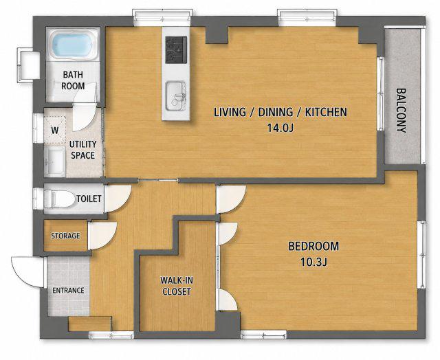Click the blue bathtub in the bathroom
coord(71,45)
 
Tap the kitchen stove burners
coord(176,49)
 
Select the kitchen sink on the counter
coord(176,96)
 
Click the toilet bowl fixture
coord(59,199)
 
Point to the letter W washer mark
coord(55,131)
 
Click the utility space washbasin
coord(55,162)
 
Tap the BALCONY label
coord(401,111)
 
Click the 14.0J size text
coord(280,128)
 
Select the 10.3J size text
coord(313,262)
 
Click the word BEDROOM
coord(313,246)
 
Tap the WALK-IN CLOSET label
coord(177,286)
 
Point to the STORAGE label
coord(65,236)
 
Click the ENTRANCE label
coord(68,290)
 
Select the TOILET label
coord(89,199)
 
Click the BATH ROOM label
coord(73,80)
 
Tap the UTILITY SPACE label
coord(82,150)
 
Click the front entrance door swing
coord(27,271)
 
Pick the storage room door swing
coord(102,236)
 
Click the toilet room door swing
coord(118,199)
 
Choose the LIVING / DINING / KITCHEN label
coord(280,112)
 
